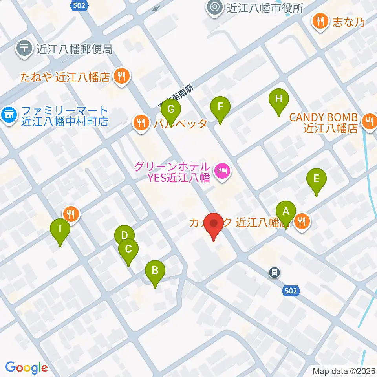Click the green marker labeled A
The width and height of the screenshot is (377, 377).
286,212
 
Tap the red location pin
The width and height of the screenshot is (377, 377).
214,225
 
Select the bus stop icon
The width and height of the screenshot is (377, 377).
275,272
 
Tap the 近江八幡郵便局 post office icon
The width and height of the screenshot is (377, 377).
24,49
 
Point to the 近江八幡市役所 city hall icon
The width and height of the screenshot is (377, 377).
215,7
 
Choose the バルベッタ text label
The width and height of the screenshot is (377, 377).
180,124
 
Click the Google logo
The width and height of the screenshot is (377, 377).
26,368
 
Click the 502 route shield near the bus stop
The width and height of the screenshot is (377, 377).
291,291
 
